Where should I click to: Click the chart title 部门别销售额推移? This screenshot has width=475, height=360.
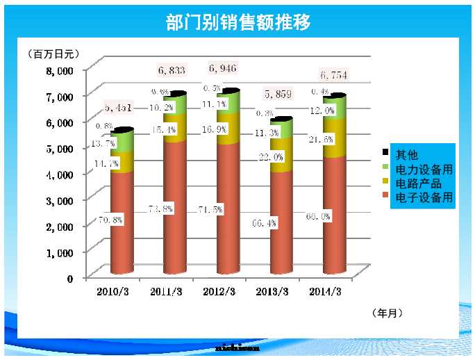coord(237,22)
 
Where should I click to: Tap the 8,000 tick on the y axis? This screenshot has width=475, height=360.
coord(60,70)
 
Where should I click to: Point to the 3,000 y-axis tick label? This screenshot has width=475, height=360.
coord(60,200)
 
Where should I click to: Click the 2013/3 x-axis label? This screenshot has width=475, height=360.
coord(273,293)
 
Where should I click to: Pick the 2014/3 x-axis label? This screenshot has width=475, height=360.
coord(325,293)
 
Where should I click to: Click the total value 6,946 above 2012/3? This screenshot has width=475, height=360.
coord(223,68)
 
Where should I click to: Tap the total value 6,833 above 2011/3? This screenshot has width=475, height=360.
coord(171,70)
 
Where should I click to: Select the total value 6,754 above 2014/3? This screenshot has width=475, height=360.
coord(333,75)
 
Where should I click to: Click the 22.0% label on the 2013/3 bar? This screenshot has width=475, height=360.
coord(271,158)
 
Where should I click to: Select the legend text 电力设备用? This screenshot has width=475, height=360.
coord(424,169)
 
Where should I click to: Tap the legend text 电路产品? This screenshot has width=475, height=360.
coord(418,183)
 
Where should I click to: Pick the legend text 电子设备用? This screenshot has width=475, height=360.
coord(424,198)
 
